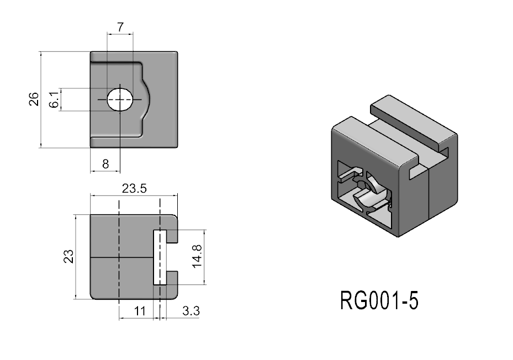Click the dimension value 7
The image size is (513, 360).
pyautogui.click(x=120, y=26)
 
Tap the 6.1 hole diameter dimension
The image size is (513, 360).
pyautogui.click(x=54, y=100)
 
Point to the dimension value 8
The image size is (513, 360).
pyautogui.click(x=105, y=163)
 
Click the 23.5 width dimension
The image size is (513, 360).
pyautogui.click(x=134, y=188)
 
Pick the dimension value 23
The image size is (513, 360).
pyautogui.click(x=68, y=257)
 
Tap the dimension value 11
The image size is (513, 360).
pyautogui.click(x=140, y=311)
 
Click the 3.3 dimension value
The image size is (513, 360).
pyautogui.click(x=191, y=311)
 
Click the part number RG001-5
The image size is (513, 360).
pyautogui.click(x=379, y=301)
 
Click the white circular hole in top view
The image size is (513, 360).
pyautogui.click(x=120, y=99)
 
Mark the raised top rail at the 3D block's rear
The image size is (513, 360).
pyautogui.click(x=414, y=119)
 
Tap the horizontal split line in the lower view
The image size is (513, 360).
pyautogui.click(x=121, y=257)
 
